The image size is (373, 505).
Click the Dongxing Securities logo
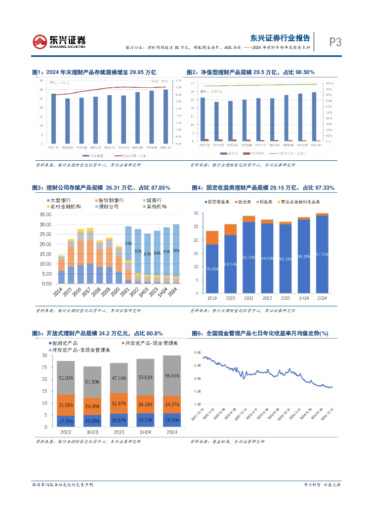coord(59,41)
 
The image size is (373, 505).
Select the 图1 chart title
coord(94,72)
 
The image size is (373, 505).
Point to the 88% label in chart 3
coord(176,251)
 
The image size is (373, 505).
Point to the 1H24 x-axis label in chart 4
coord(304,298)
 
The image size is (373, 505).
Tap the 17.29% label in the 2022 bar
coord(66,420)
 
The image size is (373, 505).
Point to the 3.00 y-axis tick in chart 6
coord(198,353)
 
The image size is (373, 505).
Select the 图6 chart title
coord(259,333)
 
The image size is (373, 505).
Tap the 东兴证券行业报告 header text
coord(280,37)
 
